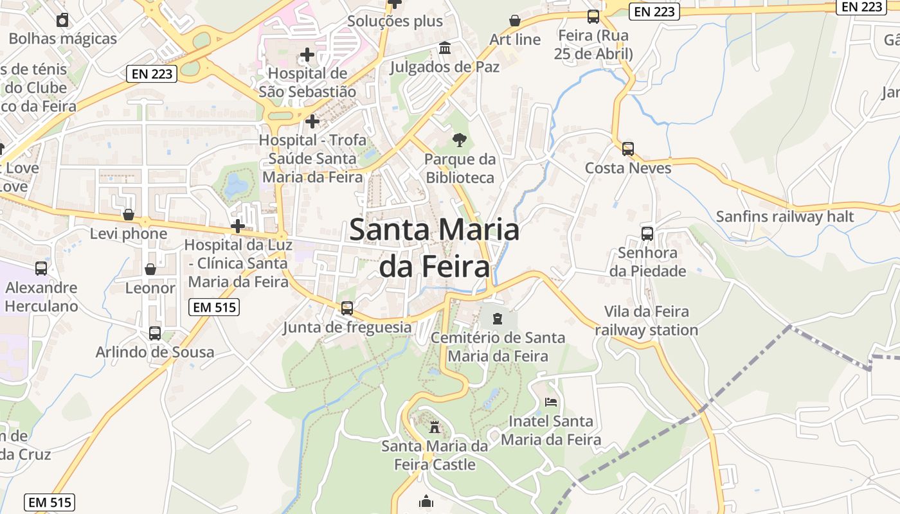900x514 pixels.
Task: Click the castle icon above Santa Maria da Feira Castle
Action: (x=435, y=426)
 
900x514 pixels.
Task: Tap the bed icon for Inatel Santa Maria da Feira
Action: (x=551, y=402)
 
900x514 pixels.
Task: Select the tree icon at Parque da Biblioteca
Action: (x=459, y=139)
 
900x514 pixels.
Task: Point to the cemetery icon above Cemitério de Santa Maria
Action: (x=498, y=317)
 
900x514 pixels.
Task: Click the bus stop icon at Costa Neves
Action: (x=628, y=149)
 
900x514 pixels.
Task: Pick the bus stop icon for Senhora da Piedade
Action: (x=647, y=234)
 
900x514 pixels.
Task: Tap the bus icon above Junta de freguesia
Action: (x=347, y=308)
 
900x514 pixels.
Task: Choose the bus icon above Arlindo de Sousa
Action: (x=155, y=333)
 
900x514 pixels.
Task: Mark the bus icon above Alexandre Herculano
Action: (x=41, y=269)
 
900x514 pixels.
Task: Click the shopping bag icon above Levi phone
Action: (x=129, y=214)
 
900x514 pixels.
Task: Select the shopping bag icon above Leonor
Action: (x=150, y=269)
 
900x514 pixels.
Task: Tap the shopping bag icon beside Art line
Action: (x=514, y=21)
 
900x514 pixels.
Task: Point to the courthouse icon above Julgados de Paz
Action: (x=444, y=48)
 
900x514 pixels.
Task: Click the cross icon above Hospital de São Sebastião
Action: (x=307, y=54)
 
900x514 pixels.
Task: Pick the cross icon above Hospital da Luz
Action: (x=238, y=226)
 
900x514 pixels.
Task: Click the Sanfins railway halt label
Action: (x=785, y=217)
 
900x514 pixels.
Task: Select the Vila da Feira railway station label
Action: (x=646, y=321)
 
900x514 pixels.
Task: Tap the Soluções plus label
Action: (x=395, y=21)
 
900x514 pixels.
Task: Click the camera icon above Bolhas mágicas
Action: (x=62, y=20)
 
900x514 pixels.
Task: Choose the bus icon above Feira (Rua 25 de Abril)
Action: (x=593, y=17)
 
